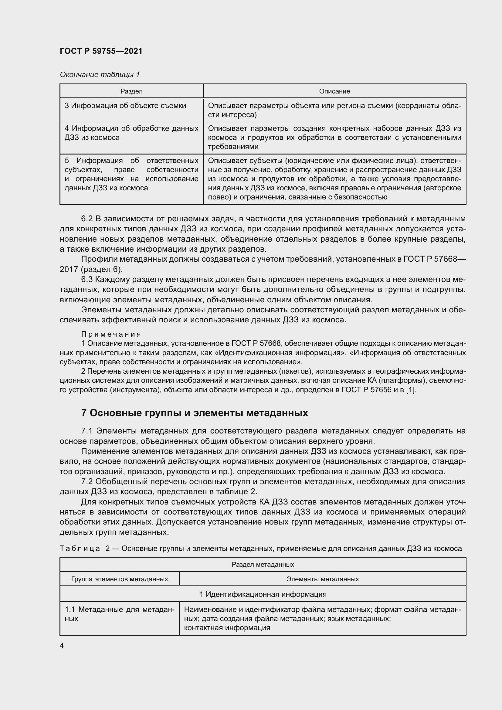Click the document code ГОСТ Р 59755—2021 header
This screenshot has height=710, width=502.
pyautogui.click(x=101, y=51)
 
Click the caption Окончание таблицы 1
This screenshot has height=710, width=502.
pyautogui.click(x=100, y=75)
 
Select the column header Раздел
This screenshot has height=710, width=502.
pyautogui.click(x=131, y=91)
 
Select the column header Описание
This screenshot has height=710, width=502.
pyautogui.click(x=334, y=91)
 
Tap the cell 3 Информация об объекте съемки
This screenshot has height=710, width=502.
pyautogui.click(x=125, y=106)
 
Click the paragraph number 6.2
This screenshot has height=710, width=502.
pyautogui.click(x=87, y=219)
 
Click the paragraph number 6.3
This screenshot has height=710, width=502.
pyautogui.click(x=87, y=280)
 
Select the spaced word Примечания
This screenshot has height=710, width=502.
pyautogui.click(x=111, y=334)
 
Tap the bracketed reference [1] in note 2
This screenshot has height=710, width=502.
pyautogui.click(x=412, y=390)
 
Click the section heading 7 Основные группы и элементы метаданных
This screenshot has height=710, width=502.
pyautogui.click(x=195, y=413)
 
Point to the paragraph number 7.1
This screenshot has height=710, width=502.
pyautogui.click(x=87, y=431)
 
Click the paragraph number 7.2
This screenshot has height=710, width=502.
pyautogui.click(x=87, y=481)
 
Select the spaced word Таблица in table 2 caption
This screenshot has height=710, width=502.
pyautogui.click(x=80, y=549)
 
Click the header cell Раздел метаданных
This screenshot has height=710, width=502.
pyautogui.click(x=263, y=565)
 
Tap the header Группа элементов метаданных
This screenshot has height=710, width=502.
pyautogui.click(x=120, y=579)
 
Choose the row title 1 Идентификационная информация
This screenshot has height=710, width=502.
pyautogui.click(x=263, y=594)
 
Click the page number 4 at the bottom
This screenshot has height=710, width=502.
pyautogui.click(x=62, y=646)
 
